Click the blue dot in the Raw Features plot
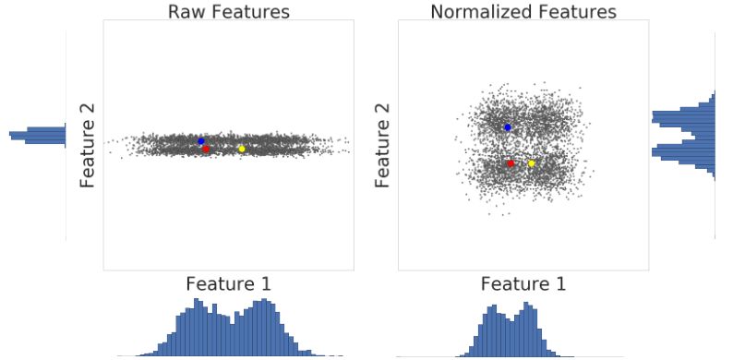[x=201, y=141]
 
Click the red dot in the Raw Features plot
[x=206, y=149]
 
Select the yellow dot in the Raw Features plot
[x=242, y=149]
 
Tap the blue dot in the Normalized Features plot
[x=508, y=127]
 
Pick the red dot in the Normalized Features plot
[x=511, y=163]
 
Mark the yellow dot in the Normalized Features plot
[x=532, y=163]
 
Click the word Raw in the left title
[x=187, y=12]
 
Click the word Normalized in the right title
[x=478, y=12]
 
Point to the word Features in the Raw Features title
[x=250, y=12]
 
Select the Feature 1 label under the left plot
[x=228, y=283]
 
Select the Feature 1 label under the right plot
[x=523, y=283]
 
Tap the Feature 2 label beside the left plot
[x=89, y=145]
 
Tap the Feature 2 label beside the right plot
[x=382, y=145]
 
